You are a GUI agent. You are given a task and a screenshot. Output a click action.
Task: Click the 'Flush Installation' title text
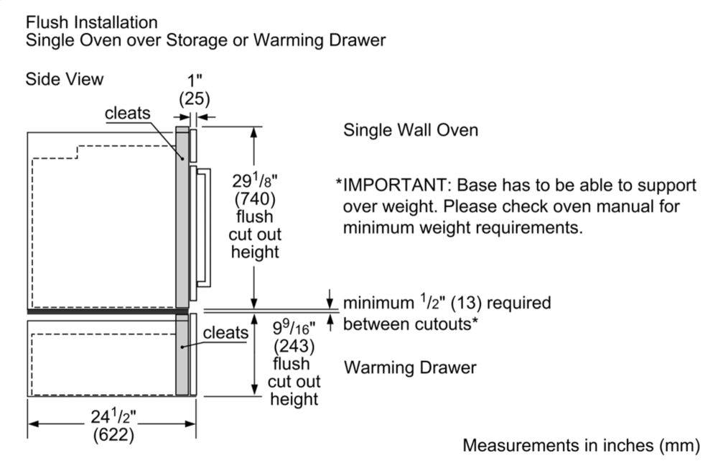click(x=91, y=22)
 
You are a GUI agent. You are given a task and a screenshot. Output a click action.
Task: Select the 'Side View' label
click(x=64, y=79)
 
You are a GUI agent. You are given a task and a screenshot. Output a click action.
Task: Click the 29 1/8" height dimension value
click(x=255, y=179)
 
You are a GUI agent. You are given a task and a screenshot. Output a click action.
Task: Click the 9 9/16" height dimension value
click(x=295, y=328)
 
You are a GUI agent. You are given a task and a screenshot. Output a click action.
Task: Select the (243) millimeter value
click(x=293, y=346)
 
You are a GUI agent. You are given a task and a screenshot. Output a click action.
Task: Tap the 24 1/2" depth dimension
click(x=113, y=416)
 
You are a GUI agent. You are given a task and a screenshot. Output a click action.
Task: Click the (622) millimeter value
click(x=113, y=434)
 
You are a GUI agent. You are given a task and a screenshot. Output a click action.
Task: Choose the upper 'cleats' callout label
click(x=128, y=113)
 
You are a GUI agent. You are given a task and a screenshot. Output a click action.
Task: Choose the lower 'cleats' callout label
click(x=225, y=332)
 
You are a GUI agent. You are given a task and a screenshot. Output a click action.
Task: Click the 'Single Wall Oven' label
click(x=410, y=130)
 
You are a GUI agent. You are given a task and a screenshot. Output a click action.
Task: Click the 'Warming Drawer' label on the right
click(x=410, y=367)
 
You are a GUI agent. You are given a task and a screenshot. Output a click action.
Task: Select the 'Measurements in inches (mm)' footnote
click(x=580, y=445)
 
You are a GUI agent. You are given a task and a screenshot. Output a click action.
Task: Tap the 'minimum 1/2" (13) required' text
click(x=447, y=303)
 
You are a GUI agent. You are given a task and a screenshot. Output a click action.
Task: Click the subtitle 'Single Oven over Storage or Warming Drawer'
click(x=205, y=40)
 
